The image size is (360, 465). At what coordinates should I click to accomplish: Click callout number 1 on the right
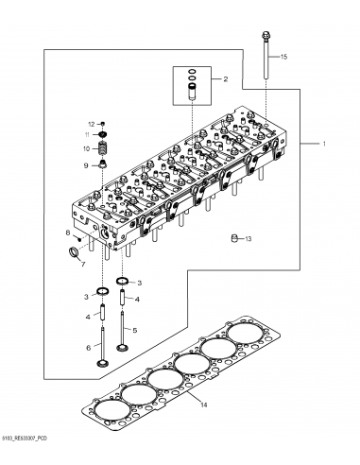pos(322,145)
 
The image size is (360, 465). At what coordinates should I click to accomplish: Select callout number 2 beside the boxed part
pos(224,81)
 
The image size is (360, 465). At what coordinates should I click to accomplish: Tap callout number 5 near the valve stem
pos(135,330)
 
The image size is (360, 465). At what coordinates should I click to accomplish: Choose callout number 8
pos(68,232)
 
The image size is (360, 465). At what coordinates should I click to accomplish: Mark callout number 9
pos(85,165)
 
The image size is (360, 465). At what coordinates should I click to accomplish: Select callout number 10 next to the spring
pos(86,148)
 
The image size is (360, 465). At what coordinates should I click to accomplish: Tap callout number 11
pos(87,136)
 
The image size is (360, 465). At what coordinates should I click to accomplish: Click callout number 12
pos(92,124)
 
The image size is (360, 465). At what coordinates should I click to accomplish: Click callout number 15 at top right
pos(284,59)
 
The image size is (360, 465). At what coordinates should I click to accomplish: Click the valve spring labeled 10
pos(105,148)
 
